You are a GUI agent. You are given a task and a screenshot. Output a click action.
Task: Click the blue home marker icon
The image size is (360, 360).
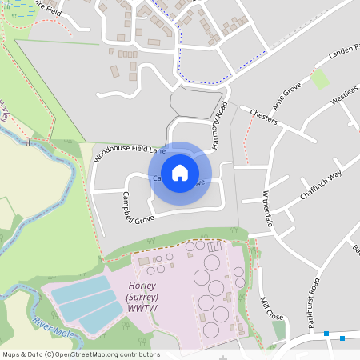pyautogui.click(x=180, y=173)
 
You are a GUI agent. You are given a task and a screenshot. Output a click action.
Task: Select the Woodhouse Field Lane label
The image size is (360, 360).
pyautogui.click(x=130, y=149)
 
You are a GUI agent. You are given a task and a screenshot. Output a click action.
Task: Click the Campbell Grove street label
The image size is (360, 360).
pyautogui.click(x=138, y=207)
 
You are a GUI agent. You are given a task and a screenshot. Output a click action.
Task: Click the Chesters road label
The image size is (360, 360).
pyautogui.click(x=263, y=116)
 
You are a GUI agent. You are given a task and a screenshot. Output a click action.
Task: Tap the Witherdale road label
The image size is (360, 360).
pyautogui.click(x=268, y=210)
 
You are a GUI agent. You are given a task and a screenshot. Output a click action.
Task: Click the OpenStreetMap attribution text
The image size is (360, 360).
pyautogui.click(x=80, y=354)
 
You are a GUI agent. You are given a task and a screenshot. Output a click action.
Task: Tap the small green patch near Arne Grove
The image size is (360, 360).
pyautogui.click(x=319, y=78)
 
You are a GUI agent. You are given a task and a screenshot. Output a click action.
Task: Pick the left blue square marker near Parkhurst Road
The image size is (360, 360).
pyautogui.click(x=326, y=333)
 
